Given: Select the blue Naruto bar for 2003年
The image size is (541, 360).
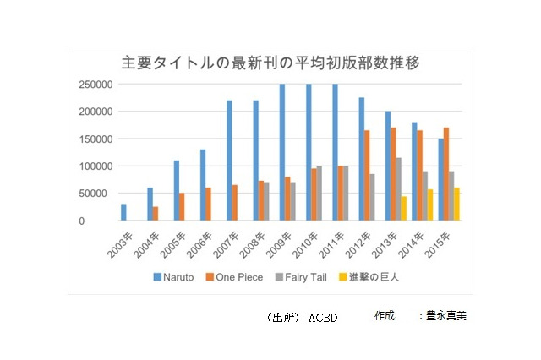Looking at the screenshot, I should [123, 212].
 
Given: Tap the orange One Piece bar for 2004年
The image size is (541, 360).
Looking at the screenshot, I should [156, 214].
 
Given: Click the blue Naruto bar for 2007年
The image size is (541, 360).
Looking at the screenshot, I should [229, 161].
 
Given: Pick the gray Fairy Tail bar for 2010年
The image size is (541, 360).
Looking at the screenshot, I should [318, 194].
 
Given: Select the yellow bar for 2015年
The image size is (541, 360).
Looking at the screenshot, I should [456, 205].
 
